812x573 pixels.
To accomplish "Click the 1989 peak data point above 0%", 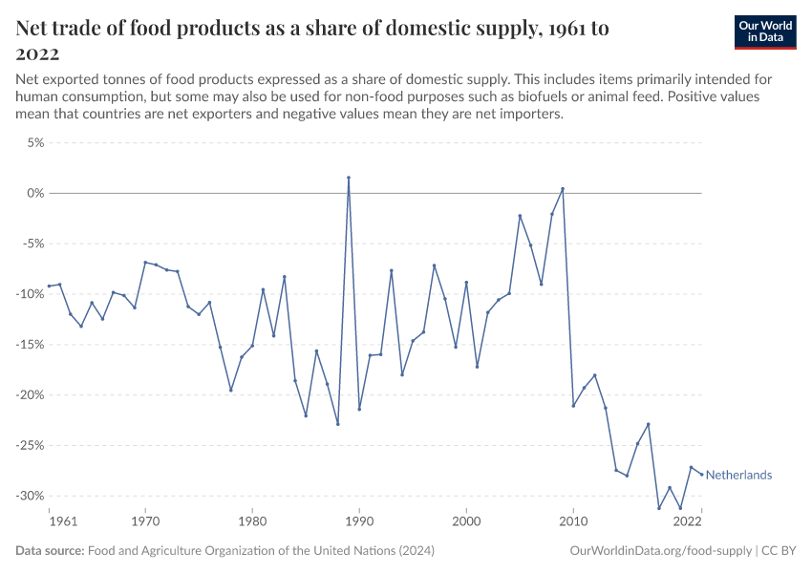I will pos(349,178).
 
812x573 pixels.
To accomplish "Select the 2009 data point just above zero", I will pos(563,189).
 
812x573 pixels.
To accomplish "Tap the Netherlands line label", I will pos(738,475).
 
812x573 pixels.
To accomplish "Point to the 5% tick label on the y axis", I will pos(34,143).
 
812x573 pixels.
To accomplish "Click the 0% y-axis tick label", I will pos(35,193).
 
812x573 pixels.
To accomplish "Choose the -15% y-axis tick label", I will pos(30,345).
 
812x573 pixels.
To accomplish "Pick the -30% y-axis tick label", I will pos(30,496).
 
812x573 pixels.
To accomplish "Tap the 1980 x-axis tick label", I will pos(252,522).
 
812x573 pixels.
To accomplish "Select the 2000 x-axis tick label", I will pos(466,522).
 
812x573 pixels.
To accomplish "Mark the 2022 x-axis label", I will pos(689,522).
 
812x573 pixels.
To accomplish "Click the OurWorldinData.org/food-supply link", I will pos(660,551).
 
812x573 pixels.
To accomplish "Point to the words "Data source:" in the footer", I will pos(50,551).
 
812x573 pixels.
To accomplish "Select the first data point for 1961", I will pos(50,286).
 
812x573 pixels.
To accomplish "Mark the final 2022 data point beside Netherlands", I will pos(702,475).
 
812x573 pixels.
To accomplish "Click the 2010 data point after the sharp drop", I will pos(573,406).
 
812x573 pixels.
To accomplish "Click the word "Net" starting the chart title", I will pos(34,29).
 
